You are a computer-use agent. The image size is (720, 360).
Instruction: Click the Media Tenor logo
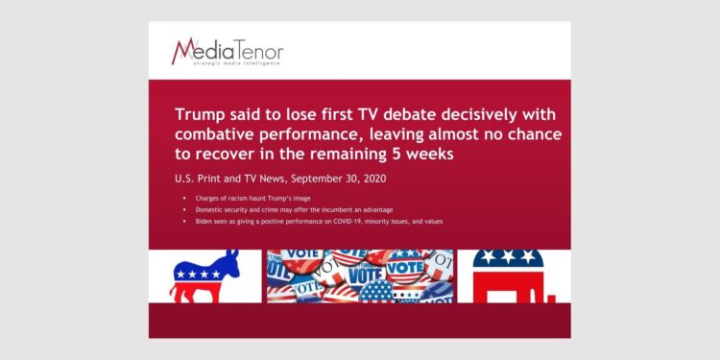coord(228,50)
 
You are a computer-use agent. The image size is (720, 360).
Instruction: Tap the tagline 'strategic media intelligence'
coord(236,64)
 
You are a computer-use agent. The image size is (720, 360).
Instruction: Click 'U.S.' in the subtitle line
coord(186,178)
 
